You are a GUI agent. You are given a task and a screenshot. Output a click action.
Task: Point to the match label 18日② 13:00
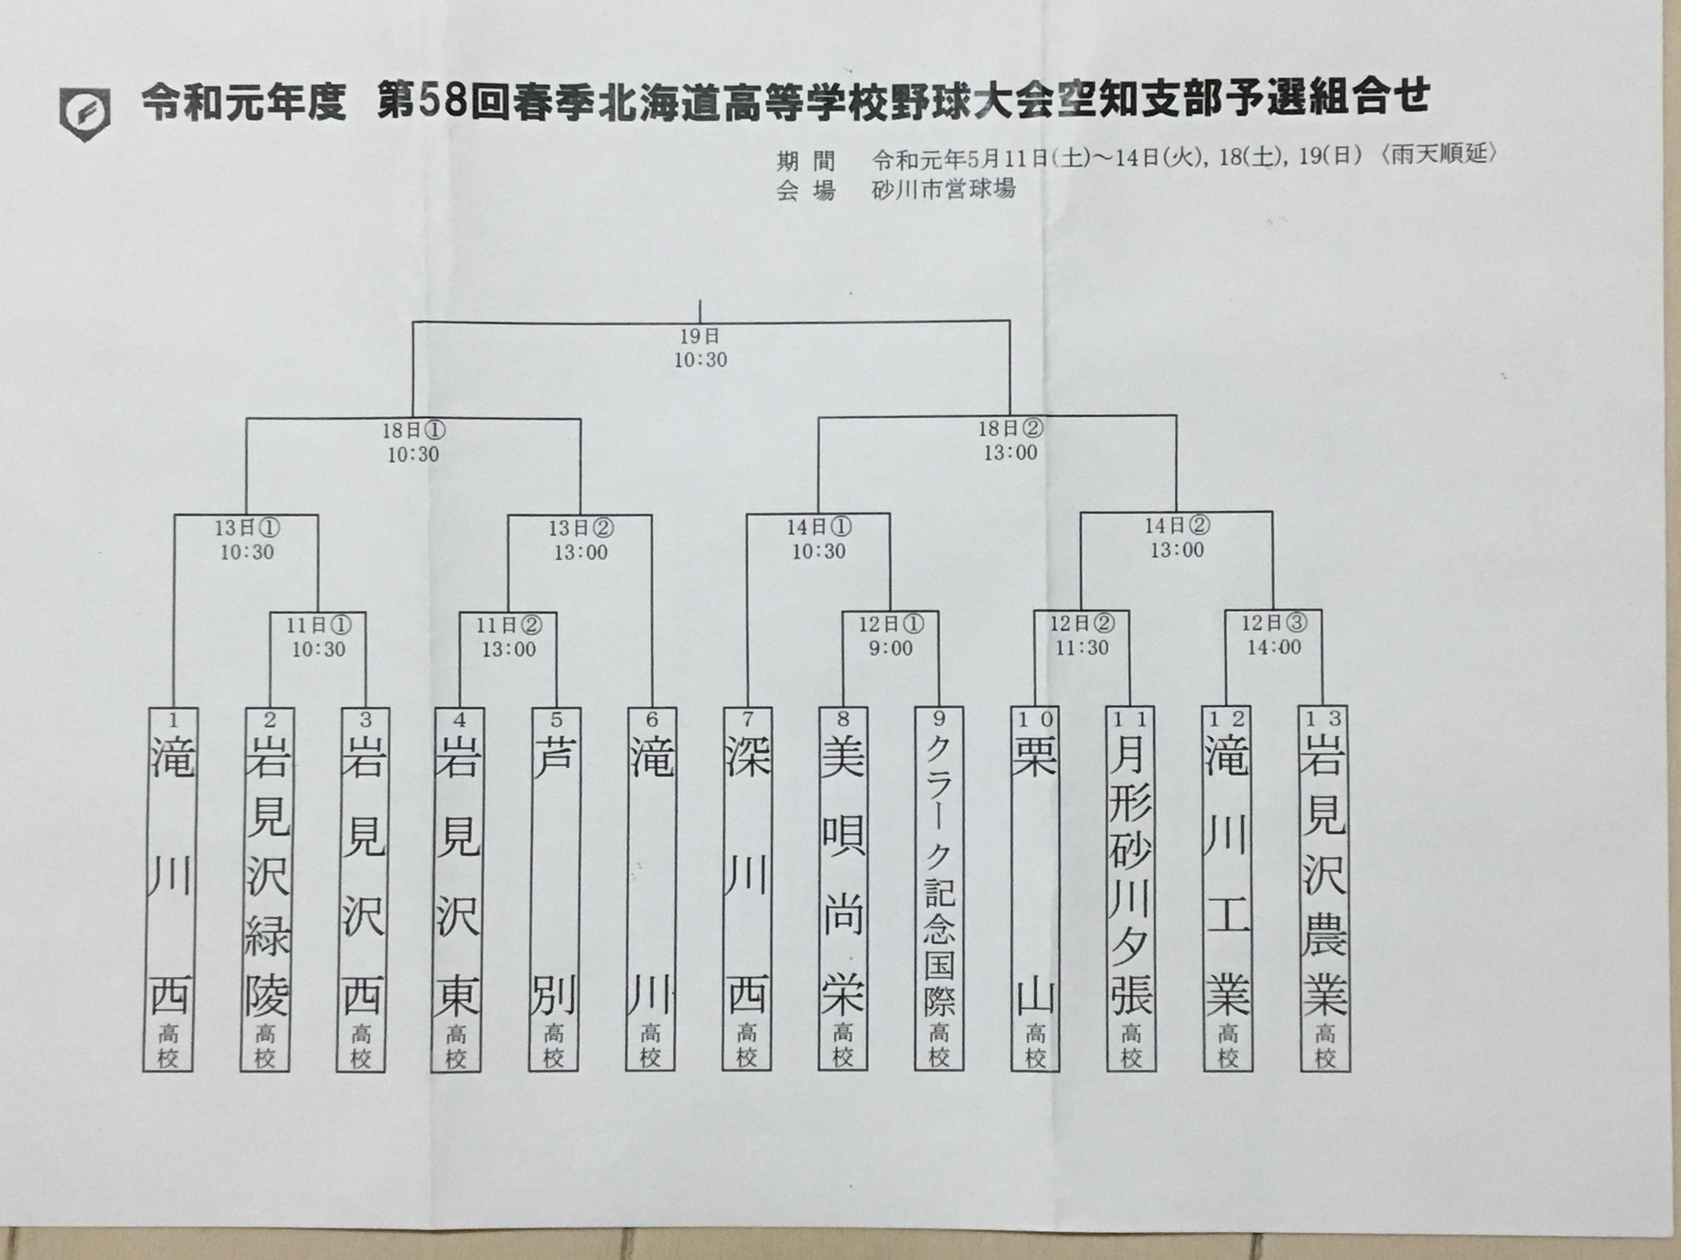click(1010, 440)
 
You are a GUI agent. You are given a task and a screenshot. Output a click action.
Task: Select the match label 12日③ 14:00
click(1274, 635)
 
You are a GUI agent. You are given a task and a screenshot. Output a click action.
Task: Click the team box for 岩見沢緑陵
click(266, 889)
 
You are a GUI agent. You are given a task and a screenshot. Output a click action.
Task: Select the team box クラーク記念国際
click(939, 889)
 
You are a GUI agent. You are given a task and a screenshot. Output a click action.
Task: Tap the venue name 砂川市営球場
click(944, 188)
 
